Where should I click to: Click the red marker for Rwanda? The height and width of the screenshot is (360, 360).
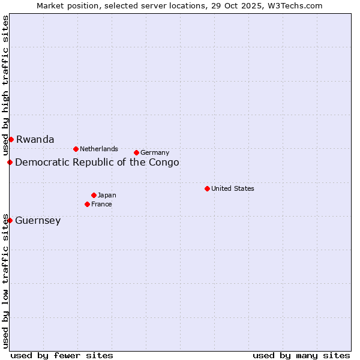click(11, 139)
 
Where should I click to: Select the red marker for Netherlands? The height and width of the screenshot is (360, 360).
click(76, 149)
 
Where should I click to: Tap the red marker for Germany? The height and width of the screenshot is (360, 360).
click(136, 152)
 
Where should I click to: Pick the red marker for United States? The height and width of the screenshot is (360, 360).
click(207, 188)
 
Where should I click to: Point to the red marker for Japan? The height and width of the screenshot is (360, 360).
click(94, 195)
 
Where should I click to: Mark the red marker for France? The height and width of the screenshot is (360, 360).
click(87, 204)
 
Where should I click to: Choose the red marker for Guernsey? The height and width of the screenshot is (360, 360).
click(10, 220)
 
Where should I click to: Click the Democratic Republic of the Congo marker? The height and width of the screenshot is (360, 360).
click(10, 162)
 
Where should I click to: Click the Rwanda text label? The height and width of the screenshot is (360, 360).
click(35, 140)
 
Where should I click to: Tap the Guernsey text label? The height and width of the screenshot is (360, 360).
click(38, 221)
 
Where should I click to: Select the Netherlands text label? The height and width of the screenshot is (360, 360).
click(99, 149)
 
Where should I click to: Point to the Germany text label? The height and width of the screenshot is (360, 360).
click(155, 153)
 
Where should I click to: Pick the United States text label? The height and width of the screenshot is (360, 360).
click(233, 188)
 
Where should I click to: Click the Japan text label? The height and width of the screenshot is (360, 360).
click(107, 195)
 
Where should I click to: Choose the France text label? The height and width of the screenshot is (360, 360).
click(101, 205)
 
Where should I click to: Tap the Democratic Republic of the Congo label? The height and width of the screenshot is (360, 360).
click(97, 163)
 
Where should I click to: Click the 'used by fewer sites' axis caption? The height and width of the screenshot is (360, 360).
click(62, 355)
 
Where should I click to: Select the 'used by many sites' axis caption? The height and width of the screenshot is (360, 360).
click(301, 355)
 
